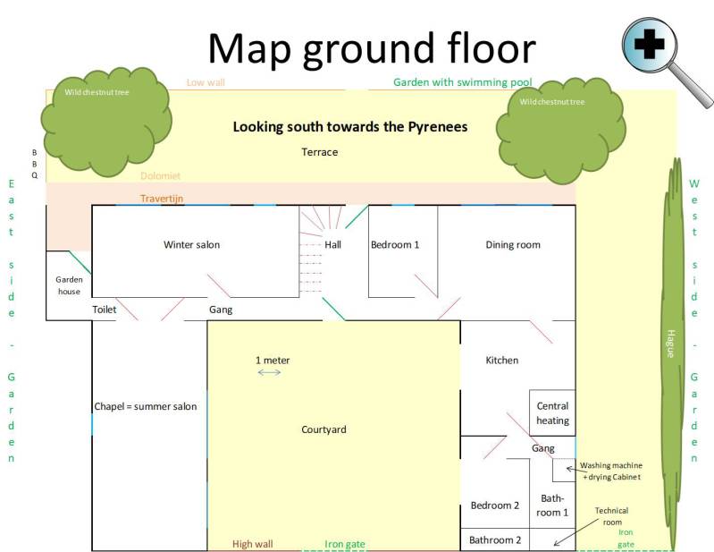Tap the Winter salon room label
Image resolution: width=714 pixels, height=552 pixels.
192,245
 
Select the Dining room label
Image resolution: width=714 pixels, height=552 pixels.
513,245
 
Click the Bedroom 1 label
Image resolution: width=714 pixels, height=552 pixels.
395,245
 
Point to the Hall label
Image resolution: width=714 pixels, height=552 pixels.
332,245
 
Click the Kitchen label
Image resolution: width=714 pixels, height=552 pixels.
502,361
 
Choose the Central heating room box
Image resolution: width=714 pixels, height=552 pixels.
552,412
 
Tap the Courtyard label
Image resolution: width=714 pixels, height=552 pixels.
323,429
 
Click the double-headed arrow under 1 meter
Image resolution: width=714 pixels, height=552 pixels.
269,372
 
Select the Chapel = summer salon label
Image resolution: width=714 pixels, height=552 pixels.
146,406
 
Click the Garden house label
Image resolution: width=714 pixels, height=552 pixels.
69,285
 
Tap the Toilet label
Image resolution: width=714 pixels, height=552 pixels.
105,310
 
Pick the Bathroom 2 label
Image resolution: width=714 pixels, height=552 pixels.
495,540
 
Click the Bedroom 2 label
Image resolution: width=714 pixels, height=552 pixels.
495,505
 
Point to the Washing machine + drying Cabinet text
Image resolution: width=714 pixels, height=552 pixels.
611,471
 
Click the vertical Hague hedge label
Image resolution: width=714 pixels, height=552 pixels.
670,344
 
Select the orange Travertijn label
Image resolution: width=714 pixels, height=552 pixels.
162,199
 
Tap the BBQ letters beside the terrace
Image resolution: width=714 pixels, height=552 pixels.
35,164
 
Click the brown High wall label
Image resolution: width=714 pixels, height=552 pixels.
253,544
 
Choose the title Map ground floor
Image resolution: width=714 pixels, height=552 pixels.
372,49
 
